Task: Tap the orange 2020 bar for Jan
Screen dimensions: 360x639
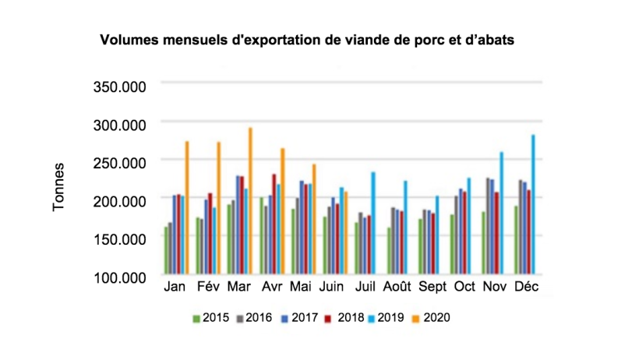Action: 186,208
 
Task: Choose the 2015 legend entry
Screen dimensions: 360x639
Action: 210,317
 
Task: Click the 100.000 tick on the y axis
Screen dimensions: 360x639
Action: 120,277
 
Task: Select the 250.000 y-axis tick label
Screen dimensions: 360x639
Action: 120,162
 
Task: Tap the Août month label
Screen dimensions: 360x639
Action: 400,288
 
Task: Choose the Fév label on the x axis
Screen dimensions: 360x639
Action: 208,288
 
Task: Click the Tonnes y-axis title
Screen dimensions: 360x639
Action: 59,187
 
